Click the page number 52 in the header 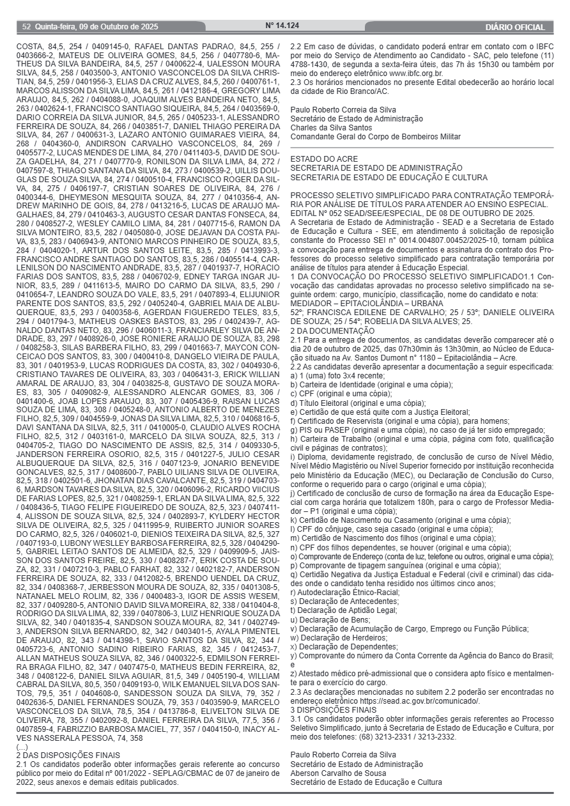point(27,27)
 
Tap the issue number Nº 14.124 point(282,26)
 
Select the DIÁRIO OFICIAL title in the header point(515,27)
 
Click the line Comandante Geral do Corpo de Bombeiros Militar point(375,136)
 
